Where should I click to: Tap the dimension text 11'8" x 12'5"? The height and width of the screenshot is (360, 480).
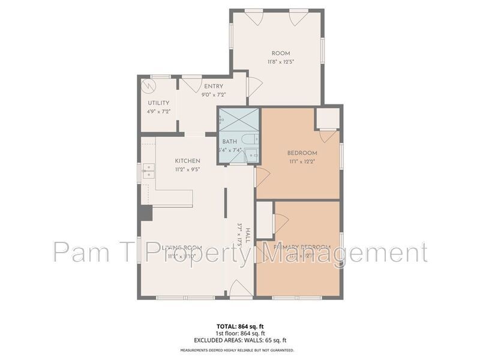(x=281, y=61)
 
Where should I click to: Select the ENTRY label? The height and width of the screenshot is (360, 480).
(x=214, y=86)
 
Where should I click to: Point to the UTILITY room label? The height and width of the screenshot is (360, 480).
(x=159, y=103)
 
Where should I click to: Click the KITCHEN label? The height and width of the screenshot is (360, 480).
(x=187, y=161)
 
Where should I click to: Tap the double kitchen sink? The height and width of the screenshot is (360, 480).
(x=148, y=174)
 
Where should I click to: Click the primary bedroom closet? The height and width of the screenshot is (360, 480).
(x=265, y=219)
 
